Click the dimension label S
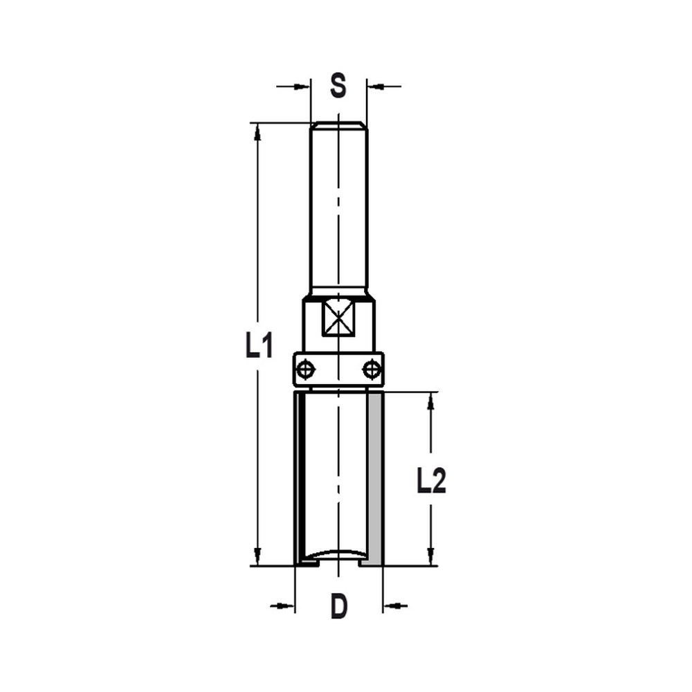[338, 86]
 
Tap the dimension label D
[338, 607]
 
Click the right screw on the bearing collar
[372, 368]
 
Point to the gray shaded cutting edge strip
[375, 477]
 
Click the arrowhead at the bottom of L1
[257, 557]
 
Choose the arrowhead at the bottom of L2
[431, 557]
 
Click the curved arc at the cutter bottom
[338, 553]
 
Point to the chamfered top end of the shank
[338, 125]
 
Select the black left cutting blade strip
[300, 477]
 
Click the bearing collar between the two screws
[338, 369]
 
